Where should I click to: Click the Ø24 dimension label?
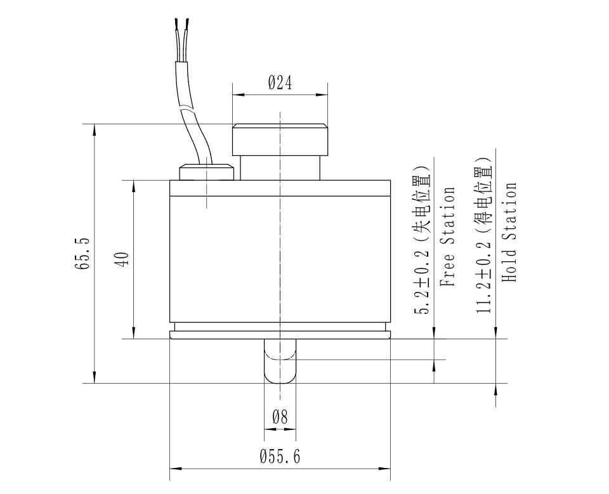(x=280, y=83)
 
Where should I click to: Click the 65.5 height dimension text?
(x=81, y=254)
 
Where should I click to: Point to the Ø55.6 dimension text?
(x=280, y=457)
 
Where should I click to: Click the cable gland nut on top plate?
(x=206, y=172)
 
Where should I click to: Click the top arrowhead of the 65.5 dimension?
(x=95, y=129)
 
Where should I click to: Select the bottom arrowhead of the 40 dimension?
(x=134, y=333)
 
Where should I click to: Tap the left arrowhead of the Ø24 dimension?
(x=238, y=94)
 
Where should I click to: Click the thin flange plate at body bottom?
(x=280, y=335)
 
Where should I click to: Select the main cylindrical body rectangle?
(x=280, y=260)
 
